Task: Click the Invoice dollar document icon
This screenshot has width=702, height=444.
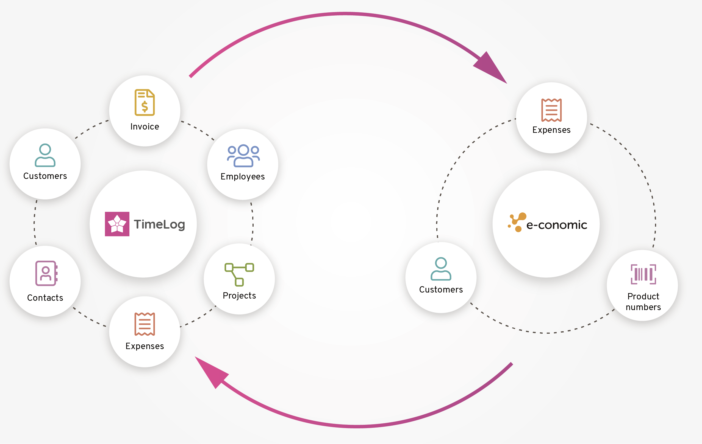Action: click(145, 102)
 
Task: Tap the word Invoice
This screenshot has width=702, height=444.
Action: click(145, 127)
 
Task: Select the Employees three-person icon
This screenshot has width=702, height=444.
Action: click(243, 156)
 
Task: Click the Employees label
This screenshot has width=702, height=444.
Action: click(243, 176)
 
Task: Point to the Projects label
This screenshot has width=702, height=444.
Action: click(239, 296)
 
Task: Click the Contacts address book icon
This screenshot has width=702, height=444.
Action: click(46, 273)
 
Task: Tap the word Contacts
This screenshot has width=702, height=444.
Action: click(45, 298)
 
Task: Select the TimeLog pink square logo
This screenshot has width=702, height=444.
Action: click(117, 224)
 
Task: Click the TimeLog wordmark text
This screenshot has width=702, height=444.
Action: click(159, 224)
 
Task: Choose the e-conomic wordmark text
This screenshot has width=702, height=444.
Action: click(557, 225)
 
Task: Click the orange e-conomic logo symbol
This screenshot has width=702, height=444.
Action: click(517, 222)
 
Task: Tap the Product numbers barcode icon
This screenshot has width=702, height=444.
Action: click(643, 274)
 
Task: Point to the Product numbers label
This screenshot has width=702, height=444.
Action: click(643, 302)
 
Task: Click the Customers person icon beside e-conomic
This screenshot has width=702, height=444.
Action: click(441, 269)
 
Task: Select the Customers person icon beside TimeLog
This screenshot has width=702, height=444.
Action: click(45, 155)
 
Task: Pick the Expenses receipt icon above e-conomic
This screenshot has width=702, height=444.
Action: click(551, 110)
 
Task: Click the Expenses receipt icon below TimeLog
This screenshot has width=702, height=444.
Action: click(145, 324)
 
